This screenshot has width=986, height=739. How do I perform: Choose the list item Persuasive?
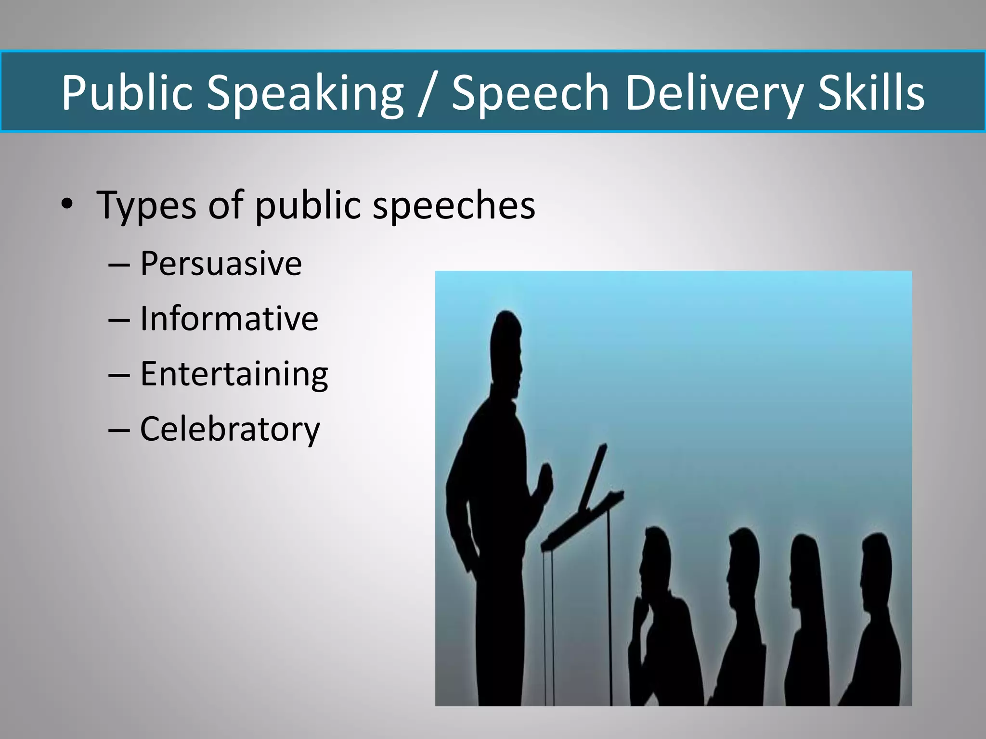(221, 264)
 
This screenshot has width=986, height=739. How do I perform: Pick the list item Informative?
(229, 319)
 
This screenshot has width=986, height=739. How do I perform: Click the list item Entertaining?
(234, 374)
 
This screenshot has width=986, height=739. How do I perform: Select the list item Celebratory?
(230, 429)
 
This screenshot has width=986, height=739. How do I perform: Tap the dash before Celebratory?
(119, 429)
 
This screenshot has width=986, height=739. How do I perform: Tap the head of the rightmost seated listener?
(875, 558)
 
